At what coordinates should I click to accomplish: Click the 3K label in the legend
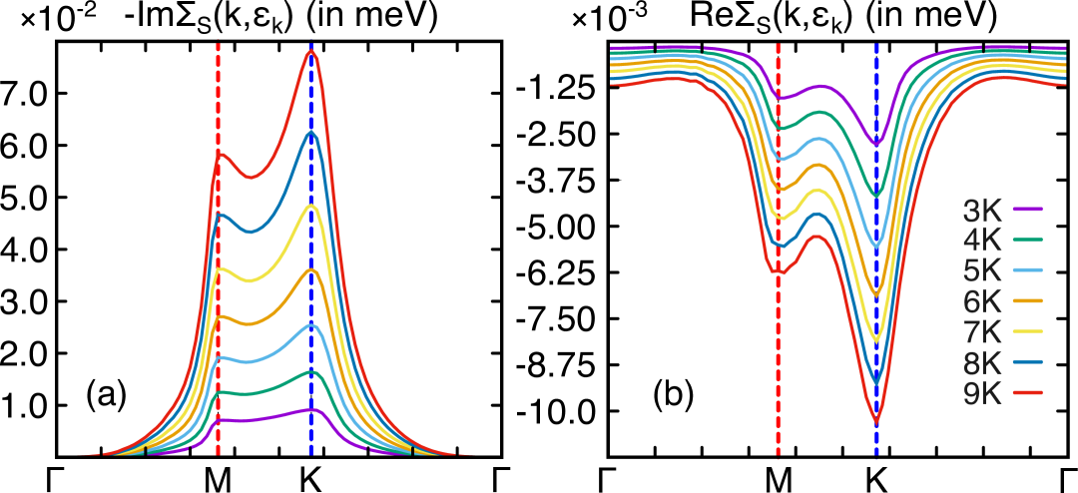coord(982,211)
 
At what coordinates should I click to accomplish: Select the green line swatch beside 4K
coord(1027,241)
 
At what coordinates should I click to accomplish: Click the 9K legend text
coord(982,393)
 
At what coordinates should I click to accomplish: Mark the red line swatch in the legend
coord(1027,393)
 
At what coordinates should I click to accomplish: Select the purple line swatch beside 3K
coord(1027,210)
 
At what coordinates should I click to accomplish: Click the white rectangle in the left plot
coord(457,112)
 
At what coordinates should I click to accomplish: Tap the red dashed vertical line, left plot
coord(218,299)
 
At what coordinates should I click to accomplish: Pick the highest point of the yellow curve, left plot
coord(311,206)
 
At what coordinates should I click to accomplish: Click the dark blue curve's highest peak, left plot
coord(311,132)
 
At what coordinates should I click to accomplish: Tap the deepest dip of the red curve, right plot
coord(876,420)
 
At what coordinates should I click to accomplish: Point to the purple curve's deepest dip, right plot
coord(876,145)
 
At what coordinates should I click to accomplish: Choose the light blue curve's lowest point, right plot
coord(876,246)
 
